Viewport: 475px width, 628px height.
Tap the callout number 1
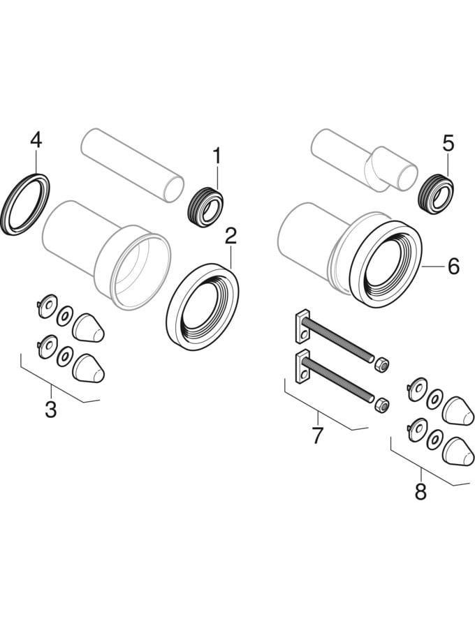click(x=217, y=156)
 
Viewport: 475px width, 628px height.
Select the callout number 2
click(x=231, y=237)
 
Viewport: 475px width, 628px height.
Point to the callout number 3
click(x=50, y=410)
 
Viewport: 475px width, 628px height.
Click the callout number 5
click(x=448, y=143)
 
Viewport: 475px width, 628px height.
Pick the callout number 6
click(x=453, y=267)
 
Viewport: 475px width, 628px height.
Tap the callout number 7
click(x=317, y=435)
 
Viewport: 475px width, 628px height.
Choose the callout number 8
click(x=421, y=491)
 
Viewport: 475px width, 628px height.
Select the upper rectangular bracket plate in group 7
click(x=302, y=326)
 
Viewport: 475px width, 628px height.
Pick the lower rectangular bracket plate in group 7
click(x=302, y=366)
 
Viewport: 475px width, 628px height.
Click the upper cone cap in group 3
click(x=88, y=328)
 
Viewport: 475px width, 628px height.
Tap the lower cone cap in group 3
click(x=88, y=368)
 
